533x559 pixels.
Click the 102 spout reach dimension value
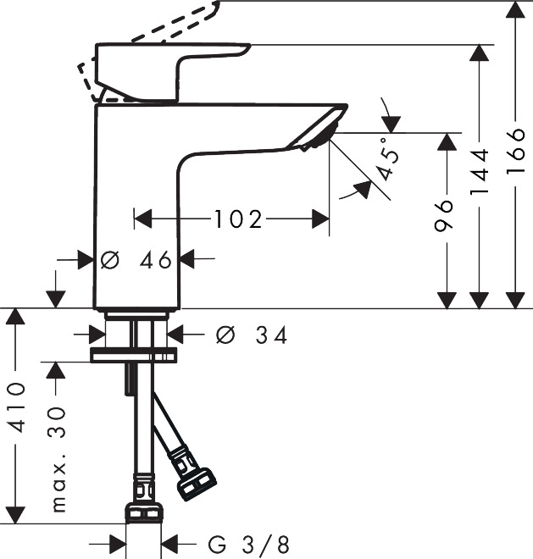238,219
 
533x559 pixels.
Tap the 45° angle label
387,158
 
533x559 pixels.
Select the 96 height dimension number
443,216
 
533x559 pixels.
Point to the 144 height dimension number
479,171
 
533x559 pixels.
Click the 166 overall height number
515,149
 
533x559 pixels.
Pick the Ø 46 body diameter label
136,259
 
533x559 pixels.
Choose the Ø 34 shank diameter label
251,335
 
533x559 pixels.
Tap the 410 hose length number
16,408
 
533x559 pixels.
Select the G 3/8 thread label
248,545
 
